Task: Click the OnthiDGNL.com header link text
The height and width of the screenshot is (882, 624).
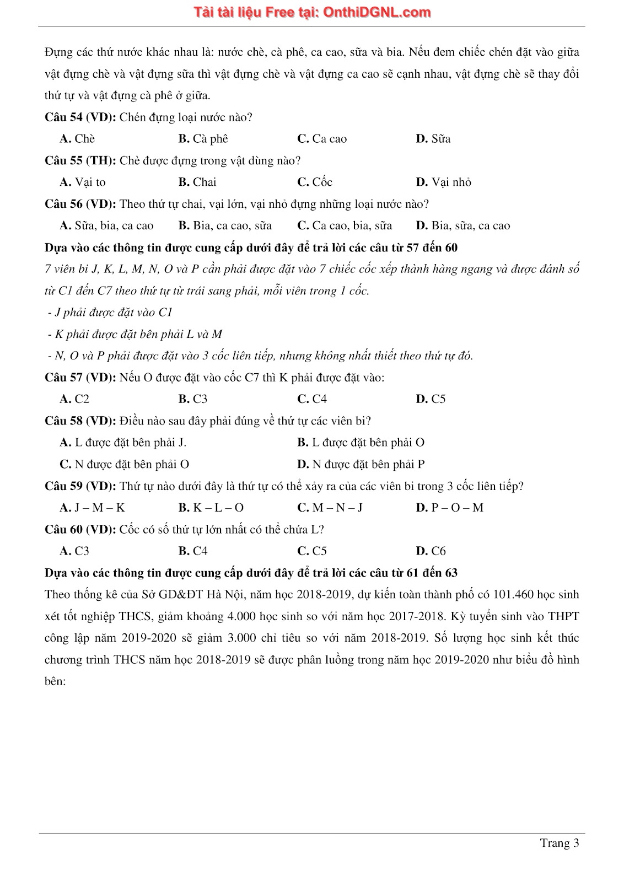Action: (376, 13)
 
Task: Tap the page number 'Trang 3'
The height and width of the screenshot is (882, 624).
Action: (559, 843)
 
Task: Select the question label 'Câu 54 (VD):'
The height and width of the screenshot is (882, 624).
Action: (80, 117)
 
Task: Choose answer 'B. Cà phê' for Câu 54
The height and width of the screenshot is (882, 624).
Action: (203, 139)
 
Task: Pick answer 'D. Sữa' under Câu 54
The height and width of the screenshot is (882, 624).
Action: (433, 139)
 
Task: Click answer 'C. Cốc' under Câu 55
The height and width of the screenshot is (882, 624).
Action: (315, 182)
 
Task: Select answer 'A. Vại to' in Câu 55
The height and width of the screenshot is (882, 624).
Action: (83, 182)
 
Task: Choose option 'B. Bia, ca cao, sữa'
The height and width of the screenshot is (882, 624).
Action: (225, 225)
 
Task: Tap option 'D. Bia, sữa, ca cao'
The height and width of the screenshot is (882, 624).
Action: (463, 225)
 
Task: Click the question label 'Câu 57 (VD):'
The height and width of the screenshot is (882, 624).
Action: (80, 378)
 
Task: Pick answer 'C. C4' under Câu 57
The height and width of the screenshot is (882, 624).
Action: (312, 399)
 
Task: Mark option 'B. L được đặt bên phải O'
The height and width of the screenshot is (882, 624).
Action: (361, 443)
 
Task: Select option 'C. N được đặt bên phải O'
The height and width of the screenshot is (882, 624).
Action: (125, 464)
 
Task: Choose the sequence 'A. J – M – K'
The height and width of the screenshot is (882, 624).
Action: (93, 508)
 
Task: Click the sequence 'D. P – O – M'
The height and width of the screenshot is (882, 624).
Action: (449, 508)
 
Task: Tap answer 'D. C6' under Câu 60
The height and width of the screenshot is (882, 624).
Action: (431, 551)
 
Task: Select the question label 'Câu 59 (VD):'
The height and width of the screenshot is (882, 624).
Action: (80, 486)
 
